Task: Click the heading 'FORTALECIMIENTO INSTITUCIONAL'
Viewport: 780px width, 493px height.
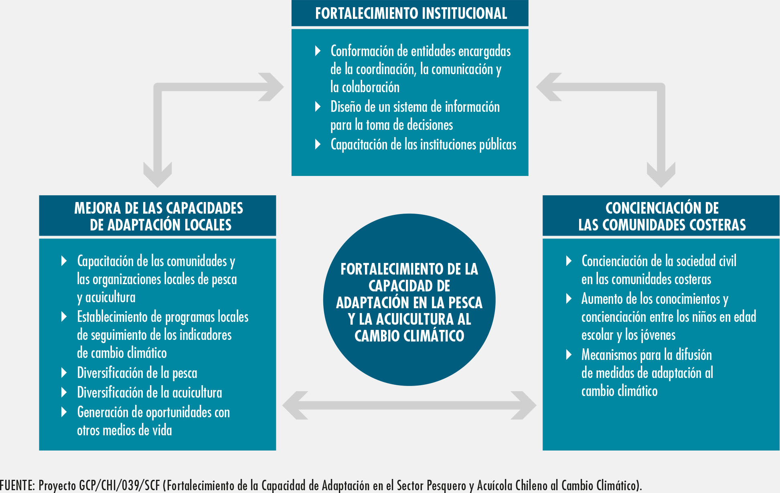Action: (x=411, y=13)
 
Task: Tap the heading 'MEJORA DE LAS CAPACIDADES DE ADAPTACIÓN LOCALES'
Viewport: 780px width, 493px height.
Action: (x=158, y=216)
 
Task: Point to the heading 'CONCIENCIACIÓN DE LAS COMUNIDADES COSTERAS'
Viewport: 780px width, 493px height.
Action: (x=662, y=216)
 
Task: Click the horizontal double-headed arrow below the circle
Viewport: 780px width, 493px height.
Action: (x=409, y=405)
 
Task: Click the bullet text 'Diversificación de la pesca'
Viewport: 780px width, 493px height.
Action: (x=137, y=373)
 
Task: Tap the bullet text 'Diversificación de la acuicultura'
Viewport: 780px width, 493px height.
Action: (x=150, y=392)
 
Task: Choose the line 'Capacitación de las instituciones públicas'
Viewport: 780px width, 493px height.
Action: (x=423, y=145)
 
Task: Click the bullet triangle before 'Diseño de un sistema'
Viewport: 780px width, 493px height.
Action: (x=318, y=107)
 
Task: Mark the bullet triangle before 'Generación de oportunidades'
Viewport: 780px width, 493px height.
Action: (x=64, y=412)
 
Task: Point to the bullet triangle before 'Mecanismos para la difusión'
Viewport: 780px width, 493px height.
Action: (x=569, y=355)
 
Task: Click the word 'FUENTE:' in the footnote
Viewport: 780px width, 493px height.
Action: (x=18, y=485)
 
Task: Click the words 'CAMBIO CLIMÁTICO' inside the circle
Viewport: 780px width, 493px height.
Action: (x=409, y=336)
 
